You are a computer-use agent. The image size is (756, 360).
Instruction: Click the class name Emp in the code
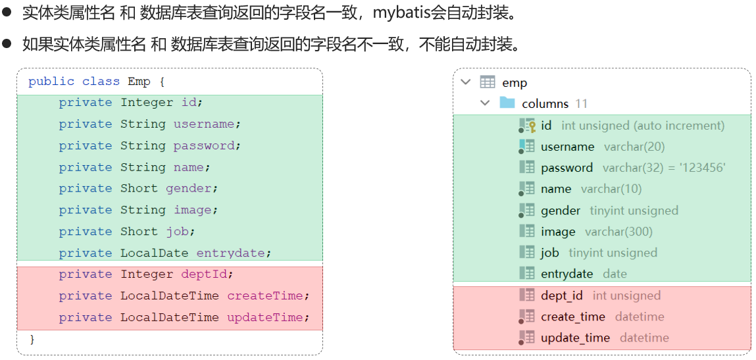click(x=139, y=82)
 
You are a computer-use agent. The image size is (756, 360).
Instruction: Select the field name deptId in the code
click(x=207, y=274)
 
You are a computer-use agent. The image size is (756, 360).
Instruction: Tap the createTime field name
click(x=265, y=296)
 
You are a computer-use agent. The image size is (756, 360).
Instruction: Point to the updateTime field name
click(x=265, y=317)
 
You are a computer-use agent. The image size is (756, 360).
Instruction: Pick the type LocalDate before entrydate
click(x=154, y=253)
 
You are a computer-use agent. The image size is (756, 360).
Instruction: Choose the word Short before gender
click(x=139, y=188)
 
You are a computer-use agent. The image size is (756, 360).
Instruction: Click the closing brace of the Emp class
click(x=32, y=338)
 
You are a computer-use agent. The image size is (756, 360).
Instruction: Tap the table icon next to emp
click(x=488, y=82)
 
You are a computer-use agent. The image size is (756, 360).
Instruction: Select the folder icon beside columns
click(x=507, y=103)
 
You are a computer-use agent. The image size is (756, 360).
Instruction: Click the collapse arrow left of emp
click(x=466, y=82)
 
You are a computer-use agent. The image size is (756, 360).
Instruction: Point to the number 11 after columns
click(x=581, y=104)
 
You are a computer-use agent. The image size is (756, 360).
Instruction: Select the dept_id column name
click(x=562, y=296)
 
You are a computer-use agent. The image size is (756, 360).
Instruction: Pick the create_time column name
click(x=572, y=317)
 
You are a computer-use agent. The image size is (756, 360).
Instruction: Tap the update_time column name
click(x=575, y=338)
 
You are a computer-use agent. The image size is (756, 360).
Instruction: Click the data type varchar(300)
click(x=618, y=232)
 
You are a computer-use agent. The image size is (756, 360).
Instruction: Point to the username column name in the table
click(x=567, y=147)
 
